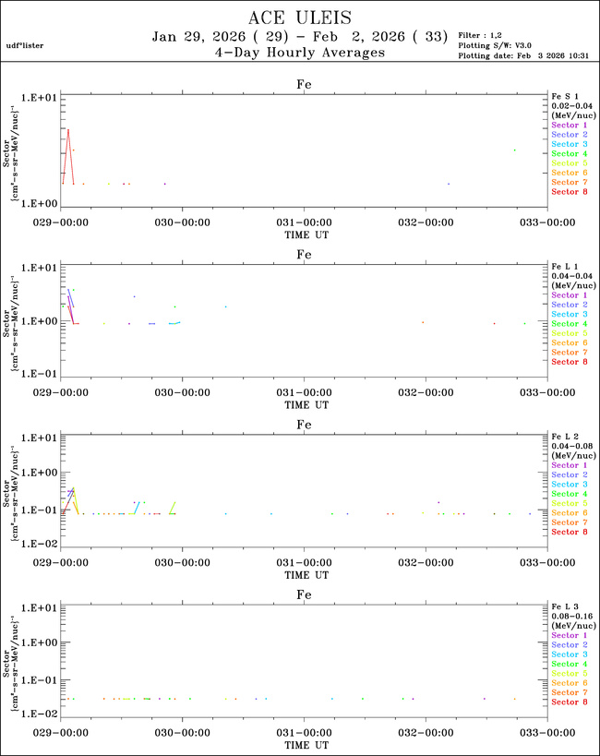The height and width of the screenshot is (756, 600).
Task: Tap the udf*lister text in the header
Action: [25, 44]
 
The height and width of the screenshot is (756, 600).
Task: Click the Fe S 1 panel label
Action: [564, 96]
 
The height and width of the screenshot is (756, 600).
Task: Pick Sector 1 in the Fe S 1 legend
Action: [569, 125]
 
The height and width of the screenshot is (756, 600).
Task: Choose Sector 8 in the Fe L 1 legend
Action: [569, 362]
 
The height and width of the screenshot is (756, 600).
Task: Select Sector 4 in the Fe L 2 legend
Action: [569, 494]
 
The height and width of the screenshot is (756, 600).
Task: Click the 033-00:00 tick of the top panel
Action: [546, 222]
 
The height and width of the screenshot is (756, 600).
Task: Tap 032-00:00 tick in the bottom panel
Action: [426, 733]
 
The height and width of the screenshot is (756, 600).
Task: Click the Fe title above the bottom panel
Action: [304, 595]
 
